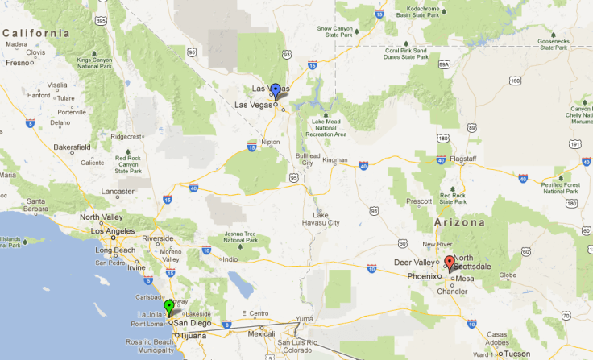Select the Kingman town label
coord(335,160)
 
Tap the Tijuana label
coord(193,335)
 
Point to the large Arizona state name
coord(461,221)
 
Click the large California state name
coord(36,33)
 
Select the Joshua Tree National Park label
coord(239,236)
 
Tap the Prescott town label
coord(420,201)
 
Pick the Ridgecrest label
coord(125,136)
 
